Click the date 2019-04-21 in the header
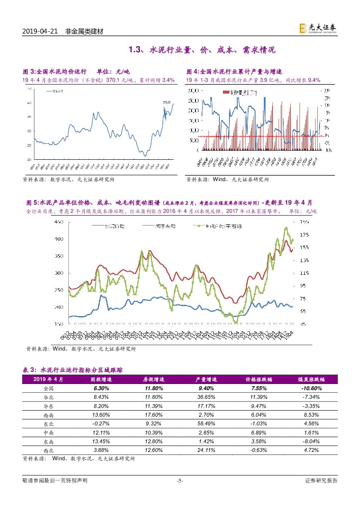pos(40,31)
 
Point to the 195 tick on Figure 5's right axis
pos(304,222)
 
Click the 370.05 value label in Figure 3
pos(167,102)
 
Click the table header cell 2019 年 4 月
pos(48,379)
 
